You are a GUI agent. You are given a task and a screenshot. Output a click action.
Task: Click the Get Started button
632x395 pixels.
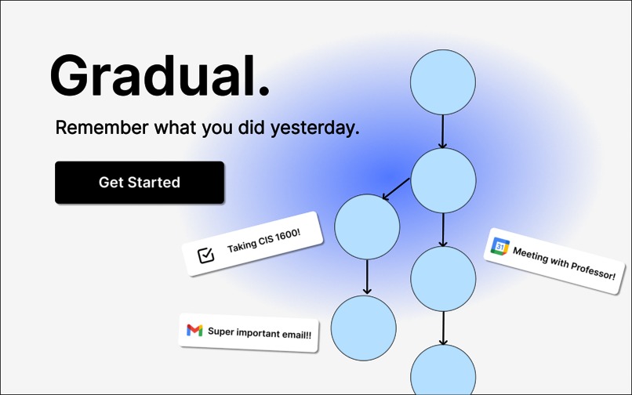pos(140,183)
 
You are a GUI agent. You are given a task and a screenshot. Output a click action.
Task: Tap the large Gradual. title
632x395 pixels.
pos(159,75)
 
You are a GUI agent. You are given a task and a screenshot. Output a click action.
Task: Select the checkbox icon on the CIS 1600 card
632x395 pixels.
pos(206,255)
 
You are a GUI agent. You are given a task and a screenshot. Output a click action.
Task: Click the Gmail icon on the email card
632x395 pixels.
pos(194,331)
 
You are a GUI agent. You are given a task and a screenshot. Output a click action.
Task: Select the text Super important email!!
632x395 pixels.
pos(259,333)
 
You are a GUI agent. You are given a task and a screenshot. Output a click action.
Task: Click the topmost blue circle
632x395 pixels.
pos(443,82)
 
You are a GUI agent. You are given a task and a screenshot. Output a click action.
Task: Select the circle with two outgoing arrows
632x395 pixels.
pos(443,180)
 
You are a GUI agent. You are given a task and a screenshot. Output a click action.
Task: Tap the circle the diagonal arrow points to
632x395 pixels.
pos(367,227)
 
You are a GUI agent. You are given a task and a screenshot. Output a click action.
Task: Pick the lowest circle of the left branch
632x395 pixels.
pos(364,328)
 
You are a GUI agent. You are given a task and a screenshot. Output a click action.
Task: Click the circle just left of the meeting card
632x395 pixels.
pos(443,279)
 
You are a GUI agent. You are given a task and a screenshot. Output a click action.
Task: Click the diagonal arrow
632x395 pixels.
pos(397,189)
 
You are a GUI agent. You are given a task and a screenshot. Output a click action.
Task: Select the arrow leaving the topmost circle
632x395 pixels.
pos(443,131)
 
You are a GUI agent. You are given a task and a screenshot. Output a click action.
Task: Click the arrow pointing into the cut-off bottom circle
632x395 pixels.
pos(443,328)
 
